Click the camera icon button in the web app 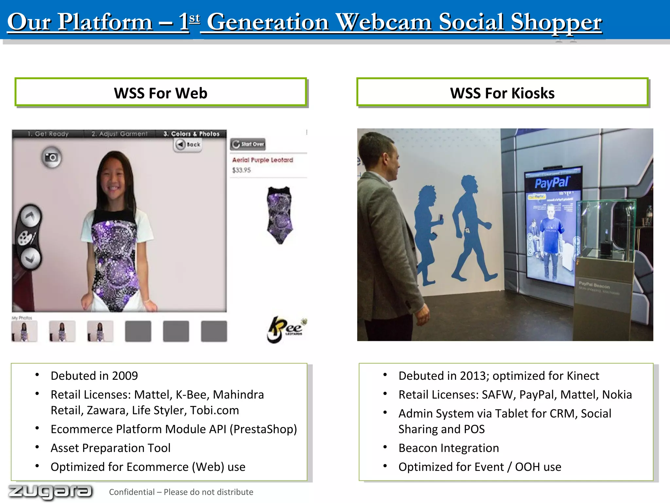[51, 158]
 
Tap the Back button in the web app [188, 144]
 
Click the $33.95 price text [241, 170]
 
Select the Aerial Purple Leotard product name [262, 160]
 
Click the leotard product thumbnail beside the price [280, 215]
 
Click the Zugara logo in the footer [50, 492]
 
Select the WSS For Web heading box [161, 93]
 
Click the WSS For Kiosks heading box [502, 93]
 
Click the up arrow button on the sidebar [30, 216]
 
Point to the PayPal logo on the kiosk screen [552, 182]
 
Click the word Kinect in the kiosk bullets [583, 376]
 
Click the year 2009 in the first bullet [125, 376]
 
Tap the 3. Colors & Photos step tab [191, 134]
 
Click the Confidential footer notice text [181, 492]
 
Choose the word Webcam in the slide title [384, 22]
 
